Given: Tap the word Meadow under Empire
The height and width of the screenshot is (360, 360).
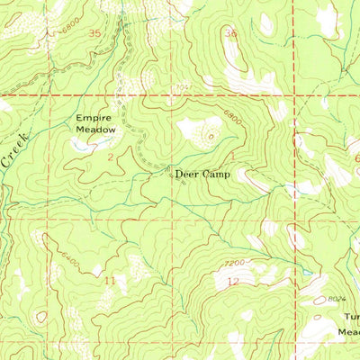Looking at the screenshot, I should tap(95, 130).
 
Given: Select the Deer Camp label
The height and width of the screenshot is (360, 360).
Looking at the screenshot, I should tap(202, 173).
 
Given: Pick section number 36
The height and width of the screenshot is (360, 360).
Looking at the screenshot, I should tap(230, 34).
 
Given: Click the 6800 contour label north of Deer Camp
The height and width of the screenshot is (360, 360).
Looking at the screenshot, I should tap(232, 117).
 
